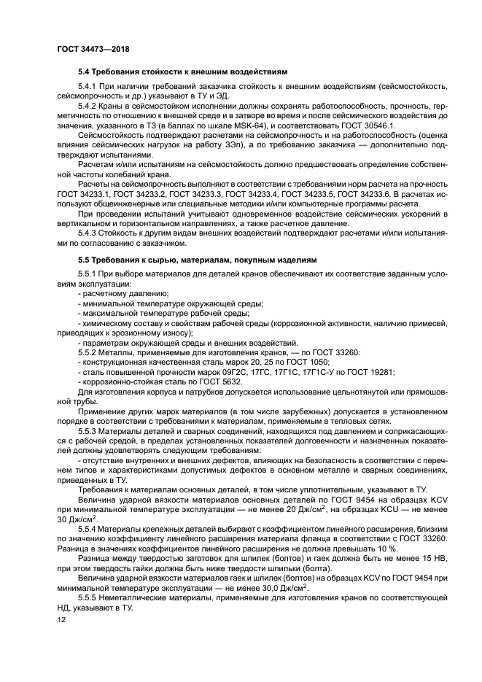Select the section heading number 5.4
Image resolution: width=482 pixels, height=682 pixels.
[85, 72]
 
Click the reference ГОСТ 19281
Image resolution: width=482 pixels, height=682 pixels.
[370, 371]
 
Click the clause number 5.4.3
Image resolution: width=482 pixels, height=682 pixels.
[89, 231]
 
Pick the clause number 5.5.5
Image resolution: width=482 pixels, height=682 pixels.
[89, 600]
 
